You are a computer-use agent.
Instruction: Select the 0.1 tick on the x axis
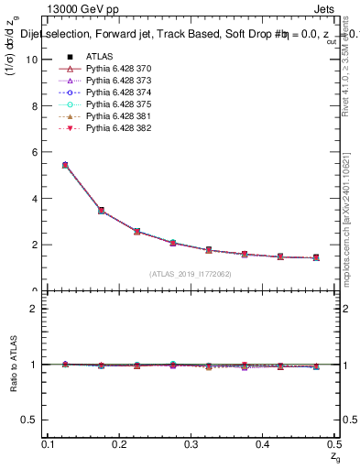click(49, 444)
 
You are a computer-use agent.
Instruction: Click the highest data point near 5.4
click(65, 165)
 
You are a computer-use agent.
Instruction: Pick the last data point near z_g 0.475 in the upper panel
click(316, 257)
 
